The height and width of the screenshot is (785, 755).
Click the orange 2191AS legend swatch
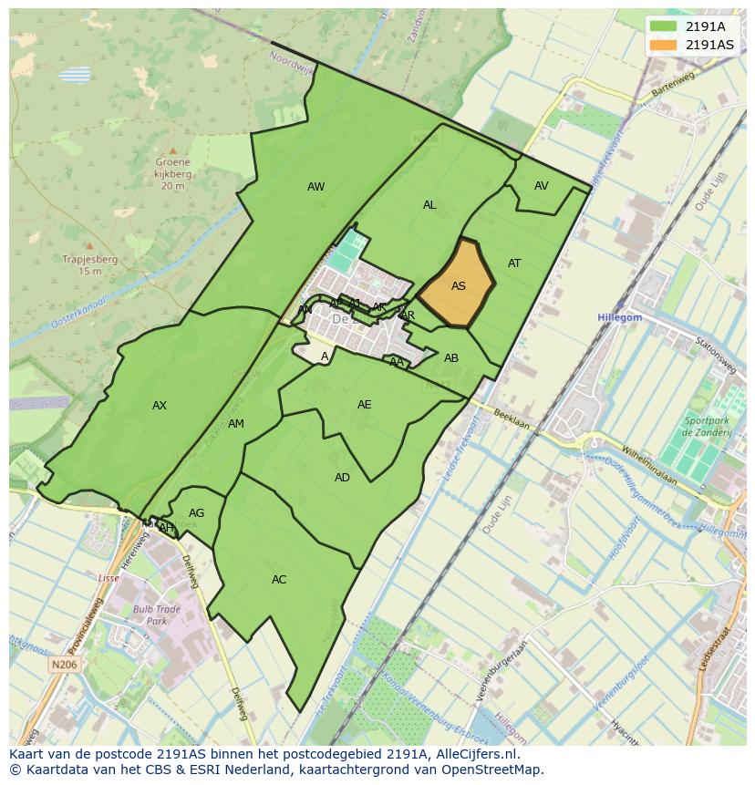point(664,45)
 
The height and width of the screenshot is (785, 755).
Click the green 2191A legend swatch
point(664,26)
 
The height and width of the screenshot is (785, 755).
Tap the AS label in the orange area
point(459,286)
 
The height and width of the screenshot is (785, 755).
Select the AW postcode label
point(315,187)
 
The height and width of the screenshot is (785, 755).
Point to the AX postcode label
point(160,406)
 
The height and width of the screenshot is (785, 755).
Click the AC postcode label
point(279,580)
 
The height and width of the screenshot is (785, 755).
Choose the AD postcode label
point(342,478)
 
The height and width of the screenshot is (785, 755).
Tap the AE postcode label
point(365,405)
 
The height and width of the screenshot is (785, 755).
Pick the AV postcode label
point(542,186)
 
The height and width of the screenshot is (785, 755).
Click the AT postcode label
point(514,263)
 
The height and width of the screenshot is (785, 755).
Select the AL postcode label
point(429,205)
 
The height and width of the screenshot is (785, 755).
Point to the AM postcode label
point(236,424)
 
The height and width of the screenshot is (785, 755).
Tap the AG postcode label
point(196,513)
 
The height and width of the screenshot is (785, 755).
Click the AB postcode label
point(451,358)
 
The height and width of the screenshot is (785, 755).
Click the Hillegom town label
point(620,317)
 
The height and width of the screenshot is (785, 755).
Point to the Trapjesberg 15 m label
point(89,264)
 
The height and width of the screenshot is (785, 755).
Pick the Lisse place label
point(109,578)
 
